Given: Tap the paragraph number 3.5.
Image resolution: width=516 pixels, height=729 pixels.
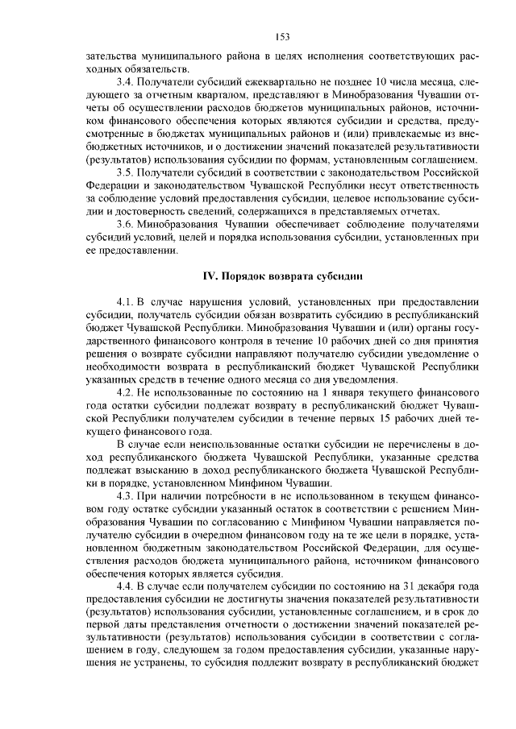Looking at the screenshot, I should point(125,172).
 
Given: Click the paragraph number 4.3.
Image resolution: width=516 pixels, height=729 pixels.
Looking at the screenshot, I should point(125,495).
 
